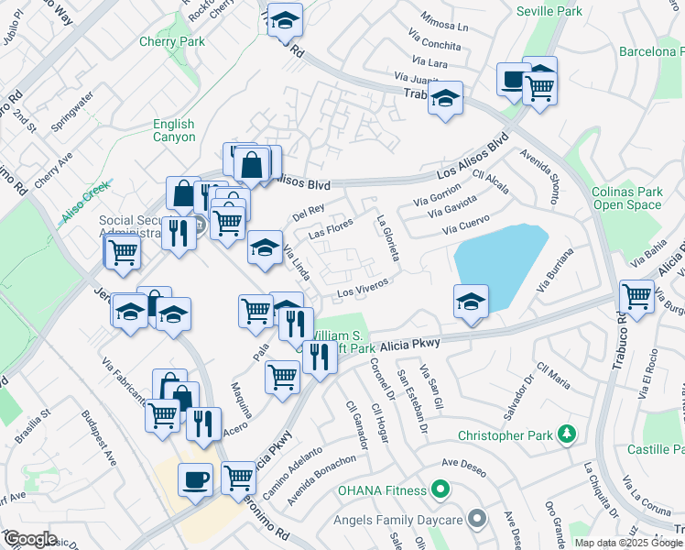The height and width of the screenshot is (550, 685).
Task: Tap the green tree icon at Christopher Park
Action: [568, 433]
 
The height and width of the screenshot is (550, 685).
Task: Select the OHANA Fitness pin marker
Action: [440, 489]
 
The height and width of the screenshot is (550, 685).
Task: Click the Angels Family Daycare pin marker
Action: [475, 520]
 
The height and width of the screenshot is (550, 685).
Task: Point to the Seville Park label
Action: [549, 12]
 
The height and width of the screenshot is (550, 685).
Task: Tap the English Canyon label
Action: [174, 130]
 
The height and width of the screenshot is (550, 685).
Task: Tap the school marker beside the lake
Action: [471, 301]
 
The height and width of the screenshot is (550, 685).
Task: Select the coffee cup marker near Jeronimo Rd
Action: [195, 479]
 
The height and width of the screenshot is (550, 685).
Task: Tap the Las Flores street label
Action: [331, 229]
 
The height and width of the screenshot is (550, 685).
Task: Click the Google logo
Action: [29, 539]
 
